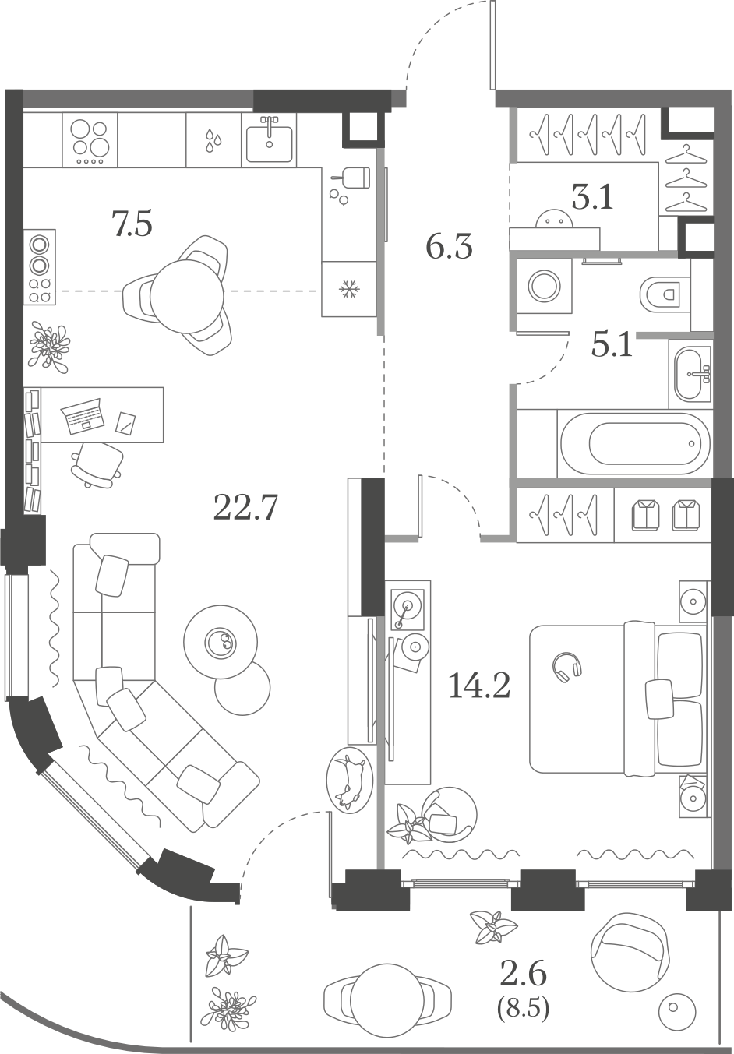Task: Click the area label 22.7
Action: pyautogui.click(x=245, y=507)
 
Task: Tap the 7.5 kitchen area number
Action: pyautogui.click(x=132, y=224)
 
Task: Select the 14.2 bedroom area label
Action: pyautogui.click(x=479, y=685)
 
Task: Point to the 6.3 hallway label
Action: pyautogui.click(x=449, y=247)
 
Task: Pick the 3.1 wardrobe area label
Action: pyautogui.click(x=592, y=197)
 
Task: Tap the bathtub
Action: pyautogui.click(x=633, y=444)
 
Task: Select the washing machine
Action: pyautogui.click(x=545, y=286)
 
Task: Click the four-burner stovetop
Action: pyautogui.click(x=90, y=139)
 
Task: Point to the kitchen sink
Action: pyautogui.click(x=269, y=139)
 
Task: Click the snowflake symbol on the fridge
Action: pyautogui.click(x=350, y=288)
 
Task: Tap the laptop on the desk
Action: pyautogui.click(x=83, y=415)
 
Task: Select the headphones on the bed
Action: pyautogui.click(x=568, y=666)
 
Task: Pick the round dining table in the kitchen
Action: pyautogui.click(x=187, y=297)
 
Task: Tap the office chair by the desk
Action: pyautogui.click(x=97, y=464)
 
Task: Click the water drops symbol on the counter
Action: pyautogui.click(x=213, y=141)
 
